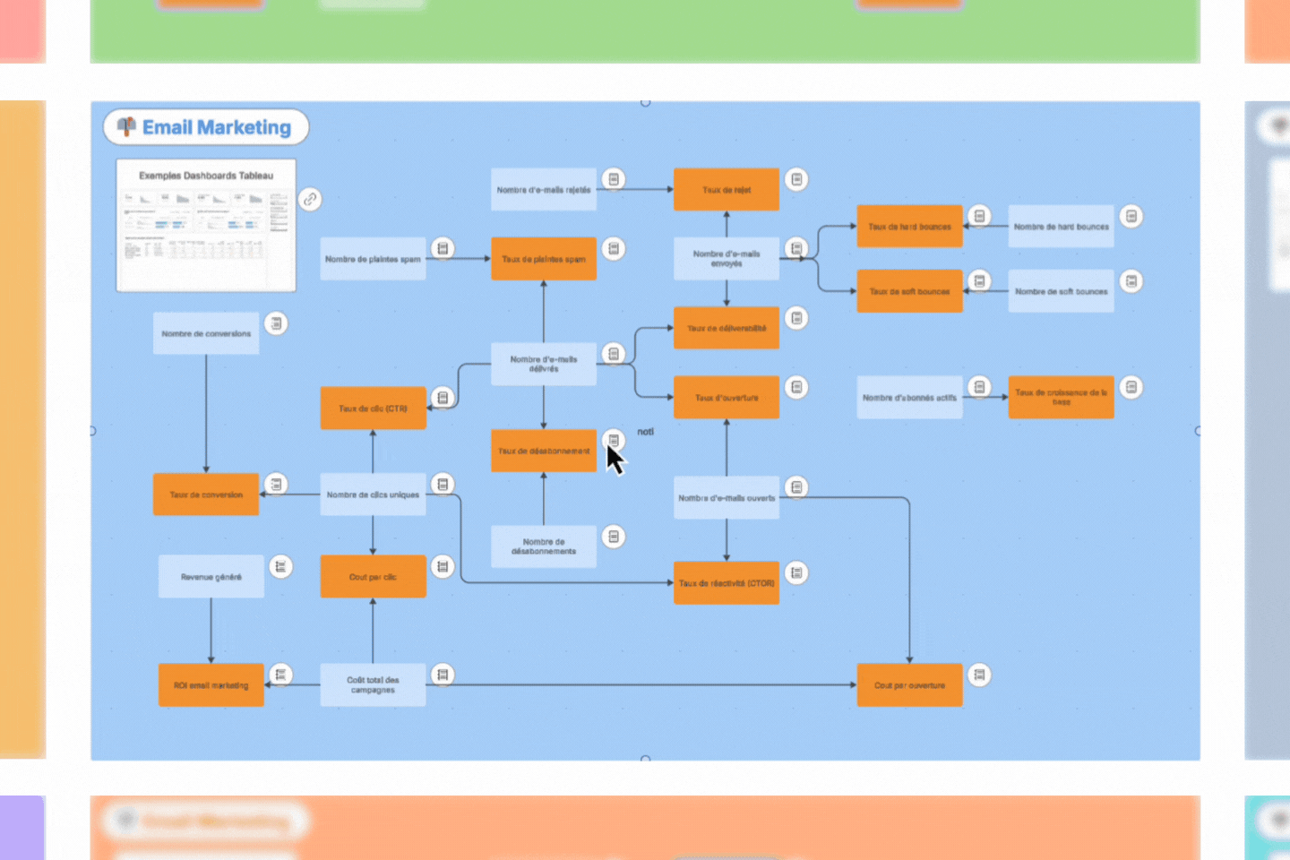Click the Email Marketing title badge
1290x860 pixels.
coord(206,127)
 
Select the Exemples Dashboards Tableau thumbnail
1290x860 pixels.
coord(206,226)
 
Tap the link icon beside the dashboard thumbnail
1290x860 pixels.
coord(310,199)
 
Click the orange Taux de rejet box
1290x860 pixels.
coord(726,190)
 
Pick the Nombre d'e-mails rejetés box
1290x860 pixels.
coord(543,190)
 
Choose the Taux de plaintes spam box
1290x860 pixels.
coord(543,259)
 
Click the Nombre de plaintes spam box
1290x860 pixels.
coord(373,259)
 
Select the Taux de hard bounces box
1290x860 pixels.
coord(909,227)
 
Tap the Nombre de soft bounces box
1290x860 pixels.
coord(1061,291)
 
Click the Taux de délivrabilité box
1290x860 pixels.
coord(726,328)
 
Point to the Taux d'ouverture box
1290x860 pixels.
coord(726,398)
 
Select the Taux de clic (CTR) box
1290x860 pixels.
coord(373,408)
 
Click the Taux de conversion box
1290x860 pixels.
coord(206,494)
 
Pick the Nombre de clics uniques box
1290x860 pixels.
coord(373,494)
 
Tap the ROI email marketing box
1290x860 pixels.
coord(211,685)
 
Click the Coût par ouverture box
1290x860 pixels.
coord(909,685)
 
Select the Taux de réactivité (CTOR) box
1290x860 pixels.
coord(726,583)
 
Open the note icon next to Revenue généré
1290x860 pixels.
coord(280,566)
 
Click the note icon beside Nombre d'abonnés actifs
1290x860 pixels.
coord(979,387)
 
